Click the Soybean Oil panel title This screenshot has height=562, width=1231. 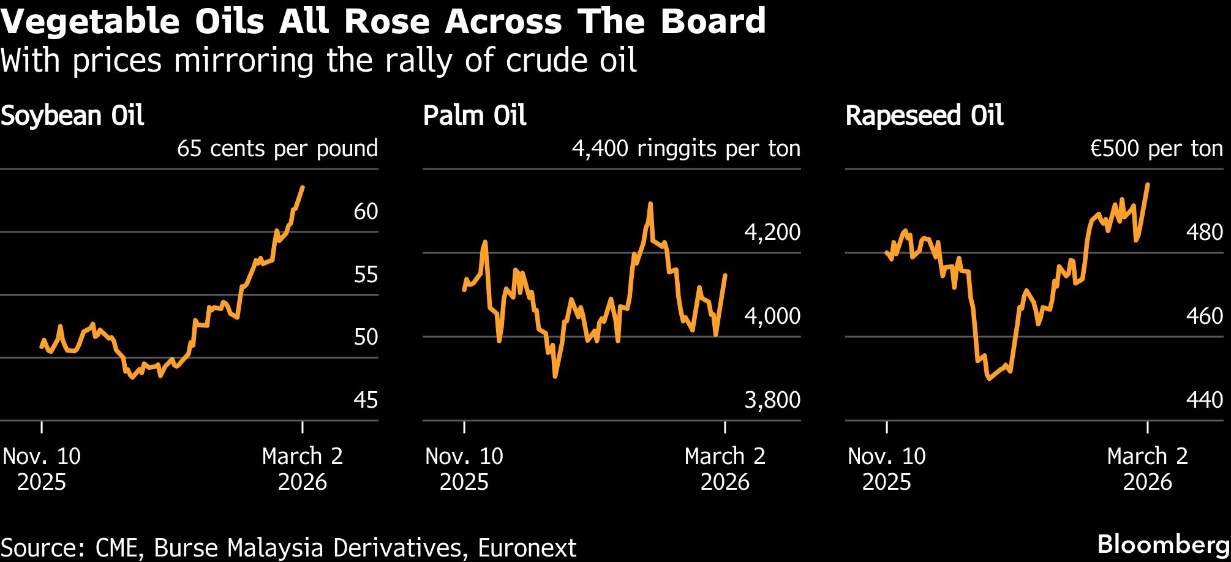pyautogui.click(x=72, y=116)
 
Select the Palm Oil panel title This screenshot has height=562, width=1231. pyautogui.click(x=475, y=116)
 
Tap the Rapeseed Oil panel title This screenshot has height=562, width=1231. pyautogui.click(x=924, y=116)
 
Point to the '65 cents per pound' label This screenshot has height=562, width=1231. pyautogui.click(x=277, y=149)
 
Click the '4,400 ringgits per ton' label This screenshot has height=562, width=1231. pyautogui.click(x=686, y=149)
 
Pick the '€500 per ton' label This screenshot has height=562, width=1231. pyautogui.click(x=1156, y=149)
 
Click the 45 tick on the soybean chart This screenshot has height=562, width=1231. pyautogui.click(x=366, y=400)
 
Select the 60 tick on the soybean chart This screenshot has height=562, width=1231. pyautogui.click(x=366, y=212)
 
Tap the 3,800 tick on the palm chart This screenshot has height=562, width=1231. pyautogui.click(x=772, y=400)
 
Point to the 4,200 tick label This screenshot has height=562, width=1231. pyautogui.click(x=772, y=232)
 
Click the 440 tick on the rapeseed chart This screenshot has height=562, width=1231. pyautogui.click(x=1204, y=400)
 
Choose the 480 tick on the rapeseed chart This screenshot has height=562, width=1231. pyautogui.click(x=1204, y=232)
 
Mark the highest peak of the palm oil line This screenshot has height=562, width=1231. pyautogui.click(x=650, y=204)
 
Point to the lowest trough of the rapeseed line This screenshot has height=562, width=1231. pyautogui.click(x=989, y=379)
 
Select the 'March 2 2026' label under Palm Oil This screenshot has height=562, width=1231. pyautogui.click(x=725, y=469)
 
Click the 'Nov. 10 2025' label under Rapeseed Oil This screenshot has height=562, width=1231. pyautogui.click(x=887, y=469)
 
